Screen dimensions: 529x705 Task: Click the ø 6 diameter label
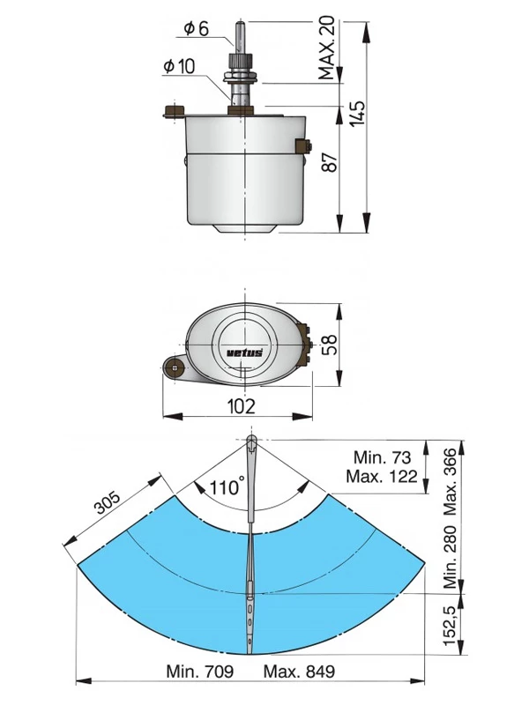(197, 29)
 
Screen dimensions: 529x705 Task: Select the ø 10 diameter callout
(180, 67)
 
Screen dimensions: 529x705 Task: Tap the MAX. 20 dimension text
(327, 48)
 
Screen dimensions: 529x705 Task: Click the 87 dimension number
(330, 163)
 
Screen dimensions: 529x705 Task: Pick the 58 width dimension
(331, 344)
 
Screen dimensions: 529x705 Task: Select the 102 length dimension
(241, 406)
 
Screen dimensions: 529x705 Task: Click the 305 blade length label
(108, 501)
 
